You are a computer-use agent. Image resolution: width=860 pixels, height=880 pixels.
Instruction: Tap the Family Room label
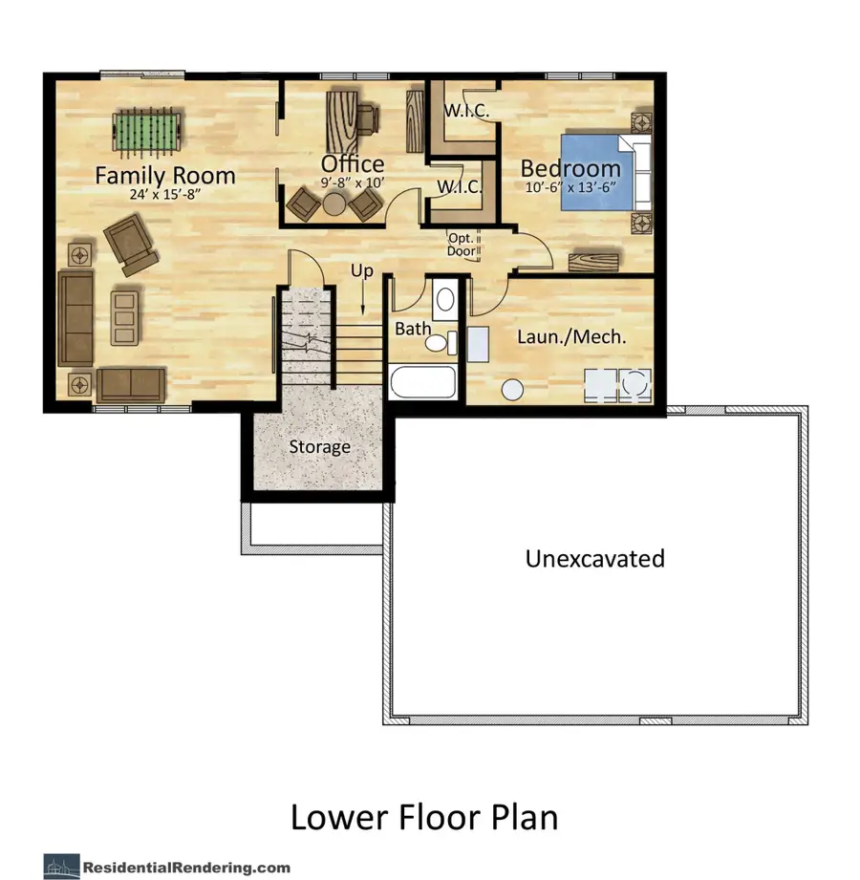[x=164, y=175]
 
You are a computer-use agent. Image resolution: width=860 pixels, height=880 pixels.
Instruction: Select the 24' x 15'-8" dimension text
[x=164, y=195]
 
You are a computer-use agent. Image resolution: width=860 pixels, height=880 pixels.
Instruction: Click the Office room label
[x=353, y=163]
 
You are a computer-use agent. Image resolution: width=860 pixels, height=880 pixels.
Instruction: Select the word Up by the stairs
[x=362, y=271]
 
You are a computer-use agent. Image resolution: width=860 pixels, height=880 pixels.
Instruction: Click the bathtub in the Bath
[x=424, y=386]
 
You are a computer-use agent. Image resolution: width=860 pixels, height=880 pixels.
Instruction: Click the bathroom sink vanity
[x=444, y=299]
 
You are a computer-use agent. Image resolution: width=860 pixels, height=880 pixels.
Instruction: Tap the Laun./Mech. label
[x=571, y=336]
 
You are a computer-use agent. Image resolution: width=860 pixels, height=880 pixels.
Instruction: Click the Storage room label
[x=320, y=447]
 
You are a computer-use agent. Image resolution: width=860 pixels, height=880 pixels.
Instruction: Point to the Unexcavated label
[x=594, y=558]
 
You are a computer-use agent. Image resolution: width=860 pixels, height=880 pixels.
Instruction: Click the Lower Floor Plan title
[x=423, y=818]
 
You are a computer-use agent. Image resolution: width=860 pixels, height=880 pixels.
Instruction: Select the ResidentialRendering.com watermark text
[x=186, y=867]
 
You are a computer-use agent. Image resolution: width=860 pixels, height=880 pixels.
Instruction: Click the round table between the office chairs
[x=333, y=203]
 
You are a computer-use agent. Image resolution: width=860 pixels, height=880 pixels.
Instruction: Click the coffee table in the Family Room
[x=124, y=318]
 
